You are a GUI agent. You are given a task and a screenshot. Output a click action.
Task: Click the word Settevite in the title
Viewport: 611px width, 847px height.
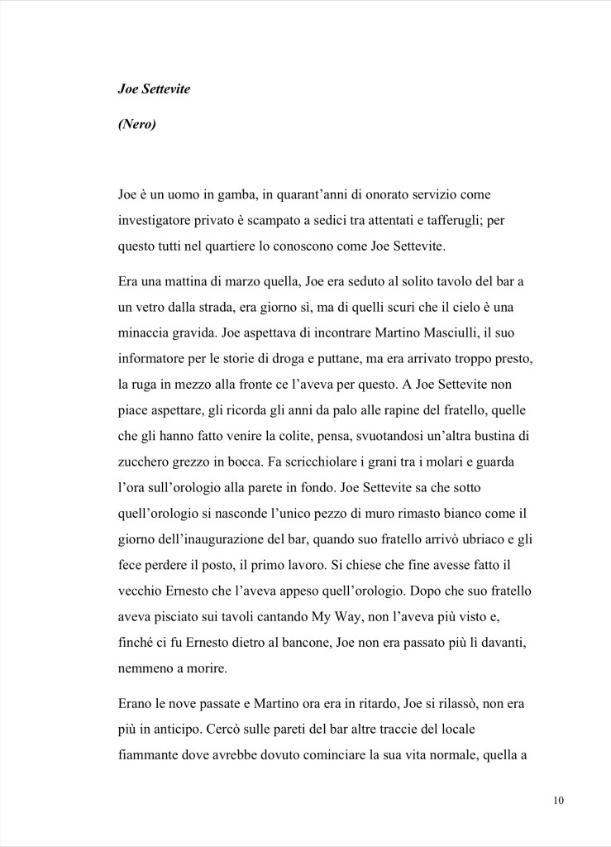coord(163,89)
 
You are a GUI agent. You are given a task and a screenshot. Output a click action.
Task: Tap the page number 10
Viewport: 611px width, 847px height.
coord(559,800)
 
